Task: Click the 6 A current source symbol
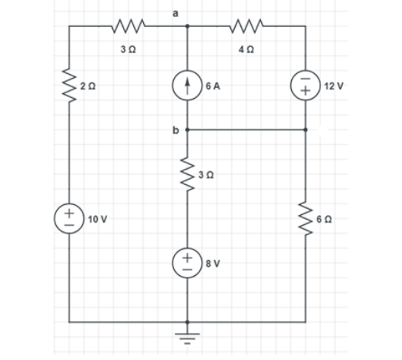[188, 86]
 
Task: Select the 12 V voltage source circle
[306, 86]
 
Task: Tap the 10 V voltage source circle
[70, 217]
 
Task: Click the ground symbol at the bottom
[188, 337]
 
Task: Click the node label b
[175, 130]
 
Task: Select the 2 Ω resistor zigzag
[70, 82]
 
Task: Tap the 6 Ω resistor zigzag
[306, 217]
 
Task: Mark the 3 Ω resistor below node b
[188, 173]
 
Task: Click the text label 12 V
[334, 86]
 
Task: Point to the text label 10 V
[97, 219]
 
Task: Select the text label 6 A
[213, 86]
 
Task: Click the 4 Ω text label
[247, 49]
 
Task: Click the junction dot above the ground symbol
[188, 321]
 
